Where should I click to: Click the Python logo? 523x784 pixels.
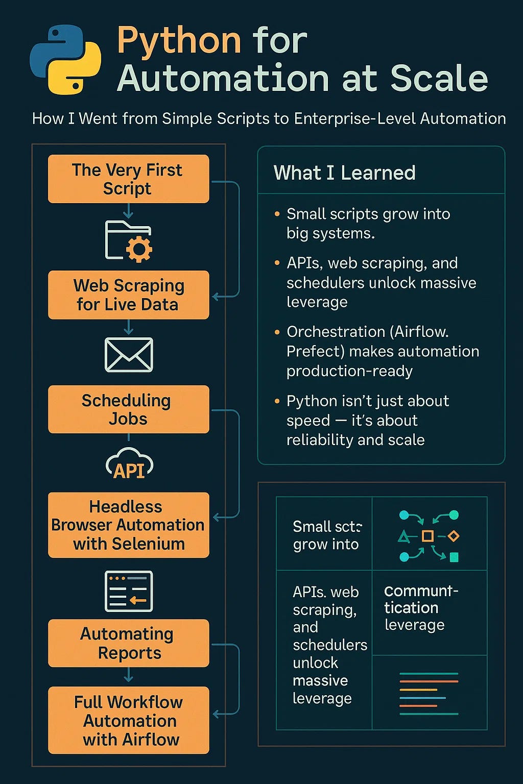click(x=65, y=60)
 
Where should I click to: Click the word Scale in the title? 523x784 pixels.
click(x=439, y=79)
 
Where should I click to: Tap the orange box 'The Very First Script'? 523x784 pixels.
click(x=128, y=179)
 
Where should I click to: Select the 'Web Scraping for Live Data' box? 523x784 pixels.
click(x=128, y=295)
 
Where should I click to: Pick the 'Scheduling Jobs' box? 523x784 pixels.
click(x=128, y=409)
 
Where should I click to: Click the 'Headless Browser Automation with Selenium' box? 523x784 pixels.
click(x=128, y=525)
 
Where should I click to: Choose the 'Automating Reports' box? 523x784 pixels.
click(x=128, y=643)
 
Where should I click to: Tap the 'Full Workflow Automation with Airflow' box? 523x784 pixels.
click(x=128, y=720)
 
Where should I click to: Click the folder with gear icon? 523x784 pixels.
click(x=128, y=241)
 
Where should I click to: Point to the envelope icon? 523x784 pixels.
click(x=129, y=354)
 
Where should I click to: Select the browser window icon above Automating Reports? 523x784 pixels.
click(x=129, y=591)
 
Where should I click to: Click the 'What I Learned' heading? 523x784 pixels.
click(x=344, y=173)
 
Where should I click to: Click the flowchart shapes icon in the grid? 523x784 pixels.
click(x=429, y=536)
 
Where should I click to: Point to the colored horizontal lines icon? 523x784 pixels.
click(x=429, y=693)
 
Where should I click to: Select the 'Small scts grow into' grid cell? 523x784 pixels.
click(x=326, y=535)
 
